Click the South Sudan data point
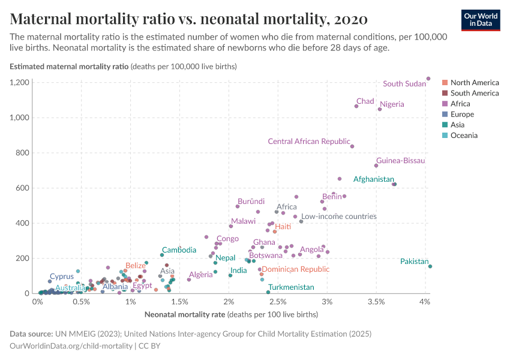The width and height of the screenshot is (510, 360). [428, 79]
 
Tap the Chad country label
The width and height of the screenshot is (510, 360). [365, 101]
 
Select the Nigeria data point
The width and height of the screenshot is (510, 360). [380, 109]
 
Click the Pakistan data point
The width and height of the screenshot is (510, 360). [430, 266]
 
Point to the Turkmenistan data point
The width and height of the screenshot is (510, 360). [268, 292]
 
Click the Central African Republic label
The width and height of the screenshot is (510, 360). [308, 142]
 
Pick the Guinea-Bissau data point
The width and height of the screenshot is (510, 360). [376, 166]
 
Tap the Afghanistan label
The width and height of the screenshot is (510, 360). [373, 179]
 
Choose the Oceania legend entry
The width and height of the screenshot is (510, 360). [464, 136]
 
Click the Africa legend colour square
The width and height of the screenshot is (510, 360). [445, 104]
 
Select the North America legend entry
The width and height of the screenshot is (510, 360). [474, 83]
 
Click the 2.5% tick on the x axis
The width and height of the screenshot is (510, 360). [278, 301]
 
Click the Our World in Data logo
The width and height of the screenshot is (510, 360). [480, 20]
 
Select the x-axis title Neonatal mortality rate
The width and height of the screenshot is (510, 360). [185, 314]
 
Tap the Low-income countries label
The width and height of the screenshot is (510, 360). [338, 217]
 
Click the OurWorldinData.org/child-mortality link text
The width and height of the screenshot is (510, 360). [71, 346]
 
